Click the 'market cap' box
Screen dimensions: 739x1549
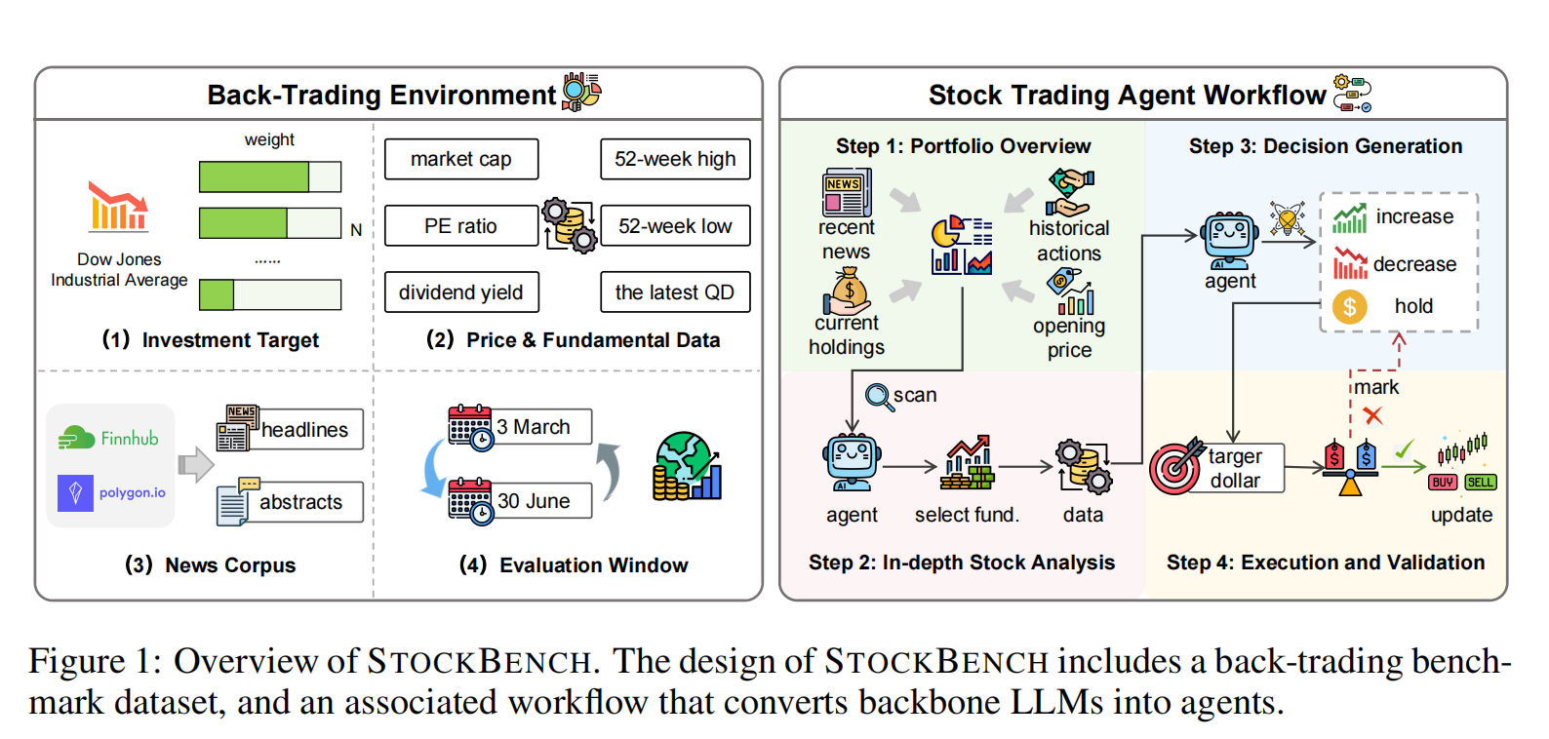pos(460,159)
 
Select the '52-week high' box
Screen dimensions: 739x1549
pos(675,159)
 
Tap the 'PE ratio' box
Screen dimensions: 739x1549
pos(460,226)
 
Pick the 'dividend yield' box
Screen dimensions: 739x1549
pos(460,292)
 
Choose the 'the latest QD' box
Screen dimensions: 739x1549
pos(675,292)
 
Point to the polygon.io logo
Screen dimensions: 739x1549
pos(111,492)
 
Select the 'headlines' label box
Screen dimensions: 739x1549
pos(304,430)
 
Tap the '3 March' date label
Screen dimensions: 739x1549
pos(534,427)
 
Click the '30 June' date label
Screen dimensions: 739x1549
pos(534,501)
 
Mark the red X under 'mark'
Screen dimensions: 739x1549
pos(1372,416)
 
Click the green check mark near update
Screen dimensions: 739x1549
pos(1404,449)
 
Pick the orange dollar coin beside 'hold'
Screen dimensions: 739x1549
pos(1349,307)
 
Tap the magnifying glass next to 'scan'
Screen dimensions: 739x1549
pos(878,397)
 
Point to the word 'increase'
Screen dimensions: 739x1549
pos(1414,216)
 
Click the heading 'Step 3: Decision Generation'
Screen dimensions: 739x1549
pos(1325,146)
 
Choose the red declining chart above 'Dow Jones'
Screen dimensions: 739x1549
pos(117,206)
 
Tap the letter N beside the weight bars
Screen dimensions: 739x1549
pos(356,230)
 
